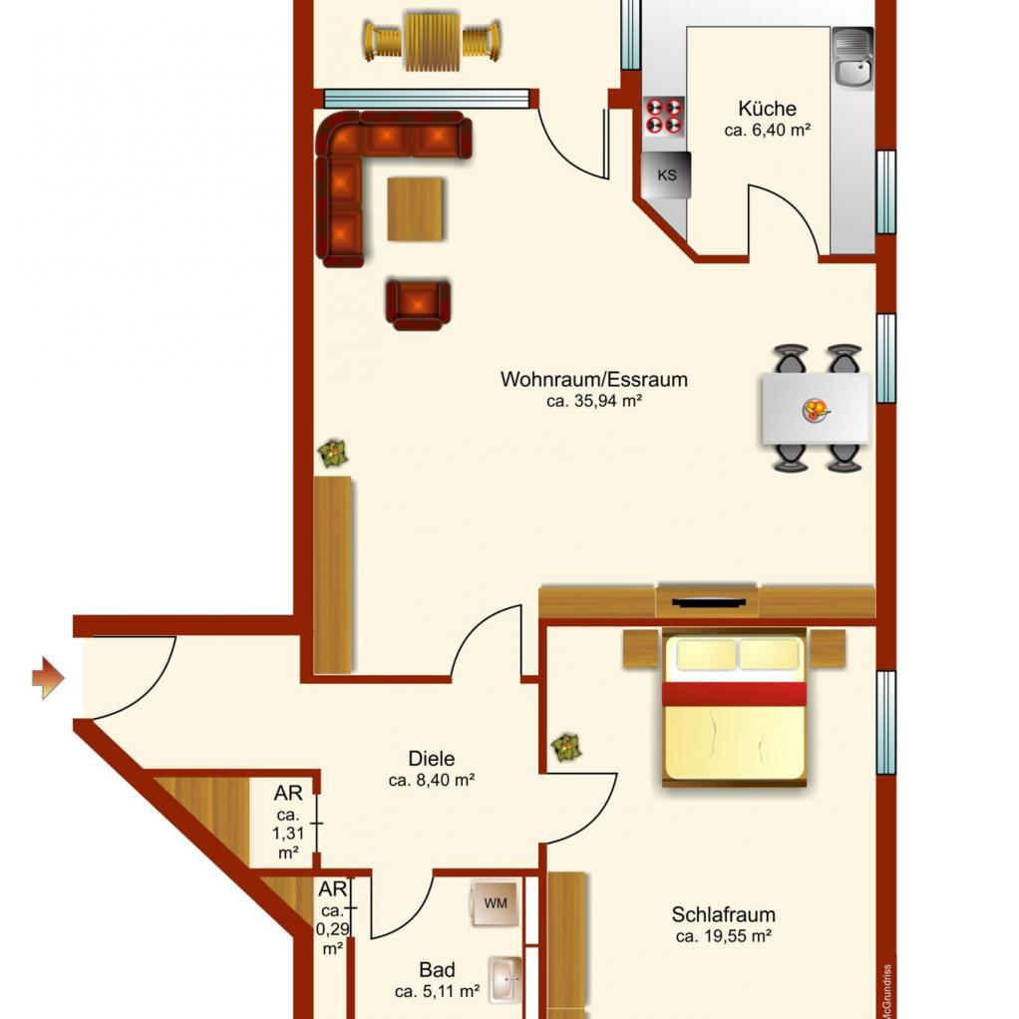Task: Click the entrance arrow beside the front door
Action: pyautogui.click(x=48, y=678)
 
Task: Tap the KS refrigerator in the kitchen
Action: pyautogui.click(x=666, y=174)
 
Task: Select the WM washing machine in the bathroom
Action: pyautogui.click(x=496, y=902)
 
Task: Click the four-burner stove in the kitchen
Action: pyautogui.click(x=664, y=117)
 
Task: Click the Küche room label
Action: pyautogui.click(x=767, y=108)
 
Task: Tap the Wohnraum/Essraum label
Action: pyautogui.click(x=594, y=379)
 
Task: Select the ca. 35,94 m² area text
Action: pyautogui.click(x=594, y=401)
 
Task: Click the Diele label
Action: pyautogui.click(x=432, y=759)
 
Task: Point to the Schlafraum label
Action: pyautogui.click(x=723, y=914)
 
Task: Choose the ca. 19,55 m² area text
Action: pyautogui.click(x=723, y=936)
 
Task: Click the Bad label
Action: pyautogui.click(x=437, y=969)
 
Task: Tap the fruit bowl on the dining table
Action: pyautogui.click(x=817, y=410)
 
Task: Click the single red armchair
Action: pyautogui.click(x=418, y=304)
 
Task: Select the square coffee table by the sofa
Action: pyautogui.click(x=415, y=209)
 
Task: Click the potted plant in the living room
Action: pyautogui.click(x=333, y=453)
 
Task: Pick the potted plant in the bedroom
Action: pyautogui.click(x=566, y=748)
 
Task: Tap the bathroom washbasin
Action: pyautogui.click(x=506, y=979)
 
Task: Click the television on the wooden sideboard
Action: pyautogui.click(x=708, y=602)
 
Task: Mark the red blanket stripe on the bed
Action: pyautogui.click(x=735, y=693)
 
